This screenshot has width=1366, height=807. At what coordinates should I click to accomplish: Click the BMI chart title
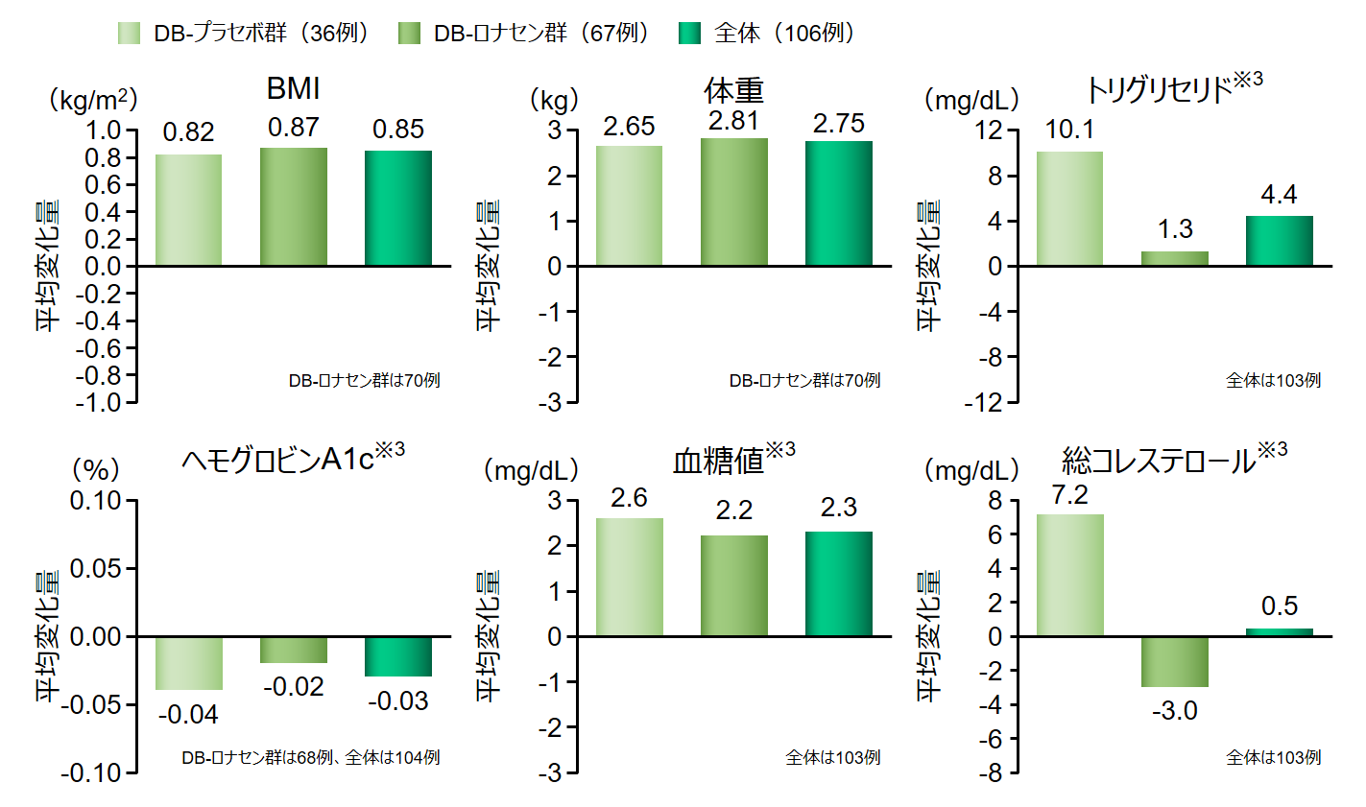293,89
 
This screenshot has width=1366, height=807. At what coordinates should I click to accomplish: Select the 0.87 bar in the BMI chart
293,206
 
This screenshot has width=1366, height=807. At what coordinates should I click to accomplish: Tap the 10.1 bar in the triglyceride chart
1069,208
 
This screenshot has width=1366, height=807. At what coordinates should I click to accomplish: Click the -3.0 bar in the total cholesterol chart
1174,662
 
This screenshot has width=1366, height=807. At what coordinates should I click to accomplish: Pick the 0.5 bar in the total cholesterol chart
1279,632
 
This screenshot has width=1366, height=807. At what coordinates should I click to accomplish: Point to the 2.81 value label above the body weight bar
733,121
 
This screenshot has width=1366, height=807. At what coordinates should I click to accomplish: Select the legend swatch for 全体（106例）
690,34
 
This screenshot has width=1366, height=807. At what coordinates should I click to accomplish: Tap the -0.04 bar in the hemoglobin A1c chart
189,663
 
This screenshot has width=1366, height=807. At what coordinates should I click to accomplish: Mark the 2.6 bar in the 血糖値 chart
629,577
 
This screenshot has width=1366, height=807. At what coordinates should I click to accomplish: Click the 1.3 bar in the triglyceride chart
1174,259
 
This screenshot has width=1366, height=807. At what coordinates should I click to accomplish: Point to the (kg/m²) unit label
93,100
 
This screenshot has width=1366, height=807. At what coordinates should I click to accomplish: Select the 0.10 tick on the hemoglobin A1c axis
95,501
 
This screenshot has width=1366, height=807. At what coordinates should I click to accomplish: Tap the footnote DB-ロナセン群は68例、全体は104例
310,758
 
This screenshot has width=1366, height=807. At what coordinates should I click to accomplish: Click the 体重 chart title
733,91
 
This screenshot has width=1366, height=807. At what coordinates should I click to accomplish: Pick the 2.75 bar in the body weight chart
838,203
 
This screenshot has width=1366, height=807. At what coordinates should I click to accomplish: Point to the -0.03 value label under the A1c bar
397,701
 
